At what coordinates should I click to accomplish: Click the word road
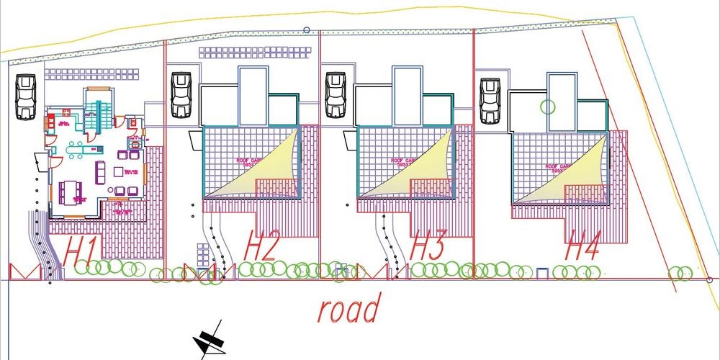click(349, 310)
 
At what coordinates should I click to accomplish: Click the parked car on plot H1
click(26, 96)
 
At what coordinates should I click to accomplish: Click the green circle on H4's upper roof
click(548, 107)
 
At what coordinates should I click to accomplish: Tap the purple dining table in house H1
click(71, 191)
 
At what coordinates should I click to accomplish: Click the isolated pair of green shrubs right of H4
click(680, 273)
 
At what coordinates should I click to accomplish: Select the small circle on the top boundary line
click(306, 30)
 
